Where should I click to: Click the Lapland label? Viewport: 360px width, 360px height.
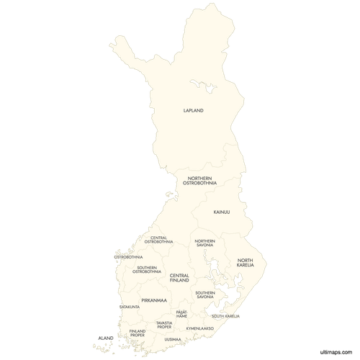pos(194,110)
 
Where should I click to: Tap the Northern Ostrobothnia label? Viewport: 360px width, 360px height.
pos(202,181)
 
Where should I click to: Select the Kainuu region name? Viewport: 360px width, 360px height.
pos(221,212)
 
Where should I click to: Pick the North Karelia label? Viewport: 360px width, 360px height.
pos(246,263)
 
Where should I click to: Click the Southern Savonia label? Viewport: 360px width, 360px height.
pos(205,294)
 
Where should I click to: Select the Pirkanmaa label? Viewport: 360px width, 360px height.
pos(154,300)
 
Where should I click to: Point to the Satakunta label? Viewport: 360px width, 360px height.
pos(130,307)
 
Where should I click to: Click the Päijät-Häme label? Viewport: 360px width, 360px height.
pos(182,314)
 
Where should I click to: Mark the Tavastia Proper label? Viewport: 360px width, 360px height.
pos(164,325)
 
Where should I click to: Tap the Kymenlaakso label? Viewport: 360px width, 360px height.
pos(199,328)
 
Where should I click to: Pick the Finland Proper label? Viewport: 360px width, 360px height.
pos(137,333)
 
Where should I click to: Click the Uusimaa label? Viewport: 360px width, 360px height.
pos(172,338)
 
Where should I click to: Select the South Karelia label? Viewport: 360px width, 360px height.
pos(226,315)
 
